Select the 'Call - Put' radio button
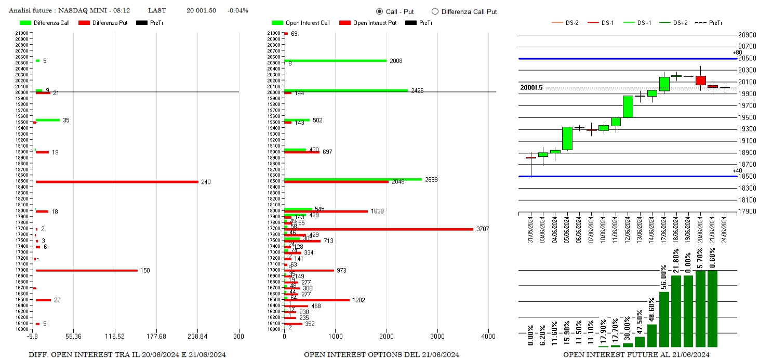[x=379, y=11]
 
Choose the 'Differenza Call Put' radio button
[x=435, y=11]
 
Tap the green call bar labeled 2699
[x=353, y=179]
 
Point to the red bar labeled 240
[x=117, y=182]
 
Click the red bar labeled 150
[x=86, y=270]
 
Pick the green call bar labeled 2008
[x=335, y=61]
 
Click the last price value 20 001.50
[x=201, y=10]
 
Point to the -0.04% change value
[x=237, y=10]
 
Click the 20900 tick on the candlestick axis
[x=747, y=35]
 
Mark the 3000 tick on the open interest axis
[x=437, y=336]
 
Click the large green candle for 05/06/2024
[x=567, y=138]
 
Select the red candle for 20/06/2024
[x=701, y=81]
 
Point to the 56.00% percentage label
[x=664, y=278]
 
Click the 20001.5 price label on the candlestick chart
[x=531, y=88]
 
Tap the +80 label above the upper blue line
[x=737, y=52]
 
